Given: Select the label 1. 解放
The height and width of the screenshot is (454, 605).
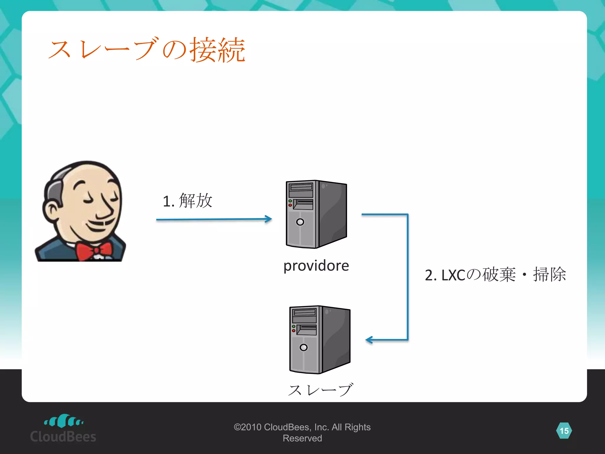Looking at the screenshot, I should click(187, 201).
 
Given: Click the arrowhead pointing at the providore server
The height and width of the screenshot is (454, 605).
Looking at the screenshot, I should click(269, 219).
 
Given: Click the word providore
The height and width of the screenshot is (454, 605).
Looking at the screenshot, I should click(316, 265).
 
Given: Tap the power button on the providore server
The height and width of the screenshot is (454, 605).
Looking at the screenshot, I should click(300, 222).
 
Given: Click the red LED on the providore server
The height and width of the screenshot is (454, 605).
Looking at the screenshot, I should click(290, 205).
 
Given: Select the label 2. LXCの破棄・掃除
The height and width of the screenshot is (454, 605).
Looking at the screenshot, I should click(495, 275).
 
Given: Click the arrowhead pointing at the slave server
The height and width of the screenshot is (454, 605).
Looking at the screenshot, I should click(369, 340).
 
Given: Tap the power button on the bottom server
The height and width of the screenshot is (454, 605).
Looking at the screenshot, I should click(303, 348).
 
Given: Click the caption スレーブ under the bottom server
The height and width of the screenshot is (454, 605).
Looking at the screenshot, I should click(320, 390).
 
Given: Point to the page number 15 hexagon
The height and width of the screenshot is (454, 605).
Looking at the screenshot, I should click(564, 431).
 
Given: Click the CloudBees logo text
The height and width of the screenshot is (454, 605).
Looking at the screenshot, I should click(63, 437).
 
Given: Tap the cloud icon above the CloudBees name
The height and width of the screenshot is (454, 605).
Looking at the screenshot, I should click(64, 421).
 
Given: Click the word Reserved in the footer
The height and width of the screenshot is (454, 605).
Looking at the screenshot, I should click(302, 438).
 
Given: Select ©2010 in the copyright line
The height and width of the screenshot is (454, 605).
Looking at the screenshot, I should click(247, 427).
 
